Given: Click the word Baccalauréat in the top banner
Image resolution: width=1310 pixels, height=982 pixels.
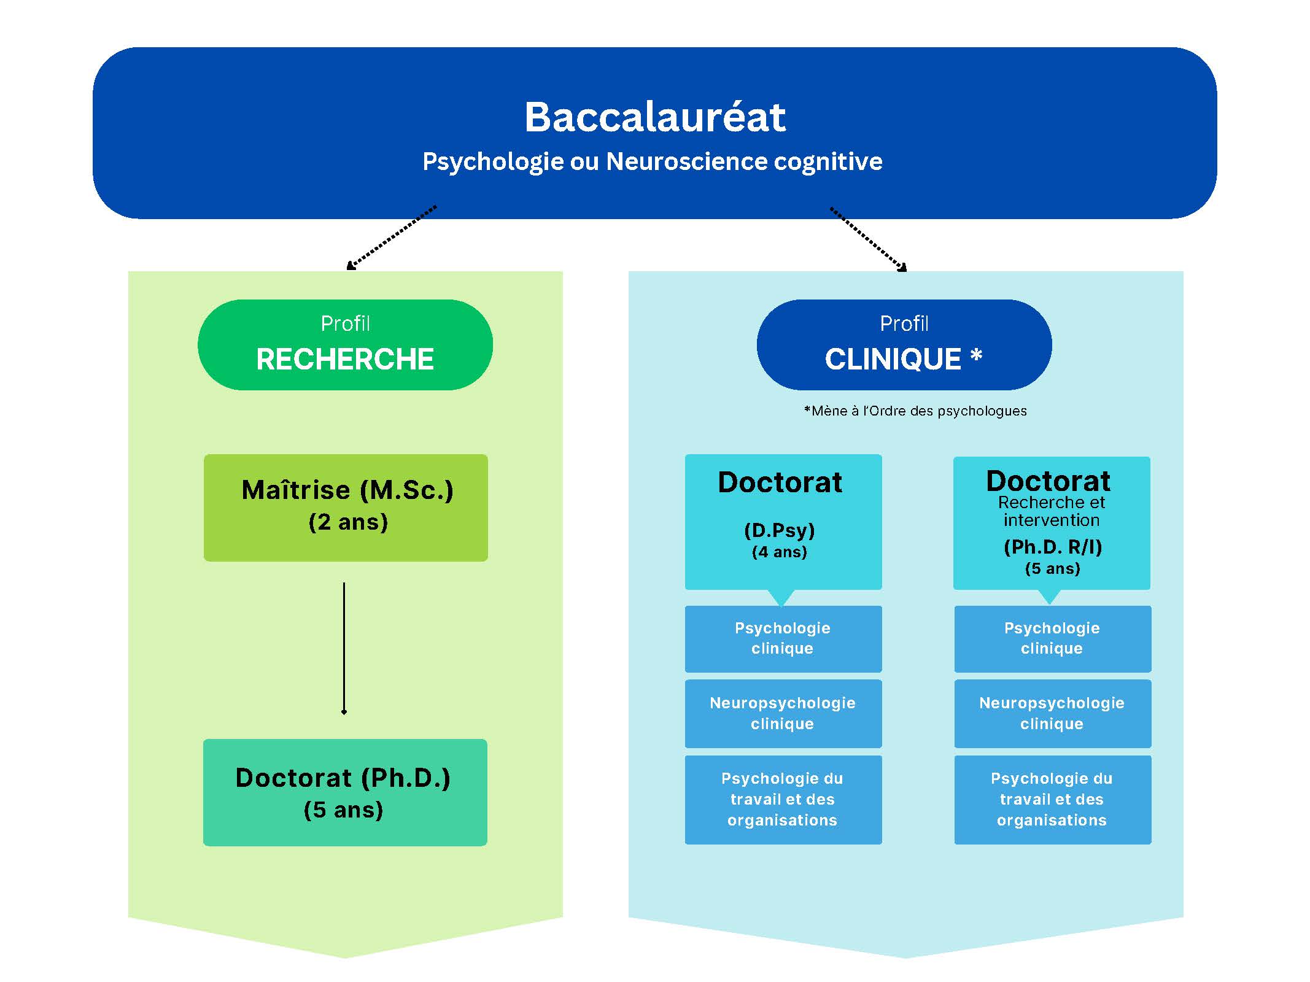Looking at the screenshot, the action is click(x=654, y=117).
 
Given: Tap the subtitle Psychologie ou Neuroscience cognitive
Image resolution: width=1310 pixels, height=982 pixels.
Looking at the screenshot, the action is click(x=653, y=161).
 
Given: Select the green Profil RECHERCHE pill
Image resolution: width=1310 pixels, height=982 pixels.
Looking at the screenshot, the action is click(x=345, y=344).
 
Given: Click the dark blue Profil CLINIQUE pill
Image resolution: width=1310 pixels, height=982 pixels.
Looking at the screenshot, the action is click(x=904, y=344).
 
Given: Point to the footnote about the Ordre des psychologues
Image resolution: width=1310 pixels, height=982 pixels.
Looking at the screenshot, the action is click(x=915, y=411).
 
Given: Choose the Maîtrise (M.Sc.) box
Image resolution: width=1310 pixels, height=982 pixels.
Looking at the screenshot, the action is click(x=346, y=508).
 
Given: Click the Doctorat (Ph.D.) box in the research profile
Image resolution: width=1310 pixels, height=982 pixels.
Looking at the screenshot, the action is click(x=345, y=792).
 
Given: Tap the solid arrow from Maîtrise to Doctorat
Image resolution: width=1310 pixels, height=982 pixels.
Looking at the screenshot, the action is click(x=344, y=649).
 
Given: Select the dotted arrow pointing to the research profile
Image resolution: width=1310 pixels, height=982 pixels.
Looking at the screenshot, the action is click(x=392, y=238).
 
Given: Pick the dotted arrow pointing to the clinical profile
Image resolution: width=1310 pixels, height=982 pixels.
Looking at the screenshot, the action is click(x=869, y=239).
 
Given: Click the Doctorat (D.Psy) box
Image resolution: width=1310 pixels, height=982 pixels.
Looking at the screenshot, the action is click(x=783, y=522).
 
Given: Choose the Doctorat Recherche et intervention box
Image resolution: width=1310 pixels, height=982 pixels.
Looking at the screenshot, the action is click(x=1052, y=523).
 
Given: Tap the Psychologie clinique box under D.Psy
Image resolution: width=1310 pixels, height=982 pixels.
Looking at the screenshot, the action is click(x=783, y=639).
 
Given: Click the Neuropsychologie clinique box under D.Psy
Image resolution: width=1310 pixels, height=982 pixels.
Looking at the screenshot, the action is click(x=783, y=713).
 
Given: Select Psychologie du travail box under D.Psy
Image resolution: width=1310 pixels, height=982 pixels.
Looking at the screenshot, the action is click(x=783, y=800).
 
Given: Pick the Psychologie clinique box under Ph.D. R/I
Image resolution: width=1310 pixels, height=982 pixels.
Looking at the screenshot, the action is click(x=1053, y=639).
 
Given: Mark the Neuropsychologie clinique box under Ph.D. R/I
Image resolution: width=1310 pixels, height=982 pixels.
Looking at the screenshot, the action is click(x=1053, y=713).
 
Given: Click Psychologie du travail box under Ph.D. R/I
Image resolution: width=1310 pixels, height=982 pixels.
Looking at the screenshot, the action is click(x=1053, y=800).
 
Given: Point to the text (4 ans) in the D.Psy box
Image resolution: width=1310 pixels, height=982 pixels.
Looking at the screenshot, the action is click(x=780, y=552).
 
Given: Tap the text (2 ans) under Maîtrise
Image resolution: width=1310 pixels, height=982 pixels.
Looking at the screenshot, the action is click(x=348, y=522).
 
